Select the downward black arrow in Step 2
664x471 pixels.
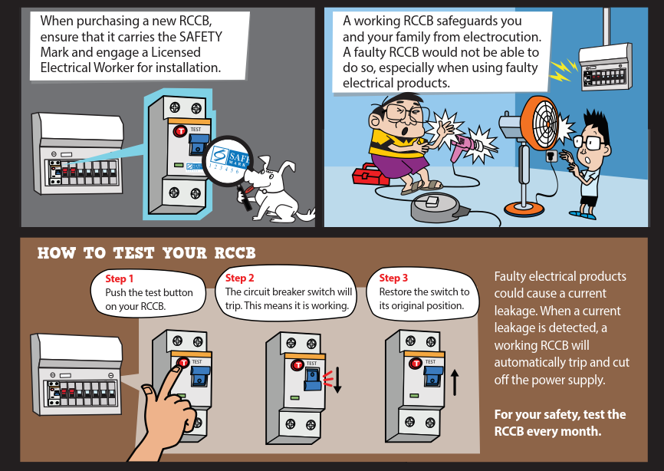[x=337, y=380]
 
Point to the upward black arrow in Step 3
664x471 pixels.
[x=455, y=382]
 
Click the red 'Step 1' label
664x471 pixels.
[x=119, y=278]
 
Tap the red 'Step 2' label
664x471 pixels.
[x=240, y=278]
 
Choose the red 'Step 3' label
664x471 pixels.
[x=393, y=278]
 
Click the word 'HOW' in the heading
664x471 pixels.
[x=56, y=253]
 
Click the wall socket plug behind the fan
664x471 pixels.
[x=551, y=156]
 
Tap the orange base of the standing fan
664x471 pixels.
[x=524, y=209]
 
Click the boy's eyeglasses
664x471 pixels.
[x=590, y=143]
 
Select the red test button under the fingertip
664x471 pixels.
[x=183, y=362]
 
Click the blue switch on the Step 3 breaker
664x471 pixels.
[x=433, y=376]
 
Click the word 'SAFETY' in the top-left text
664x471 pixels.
[x=201, y=37]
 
